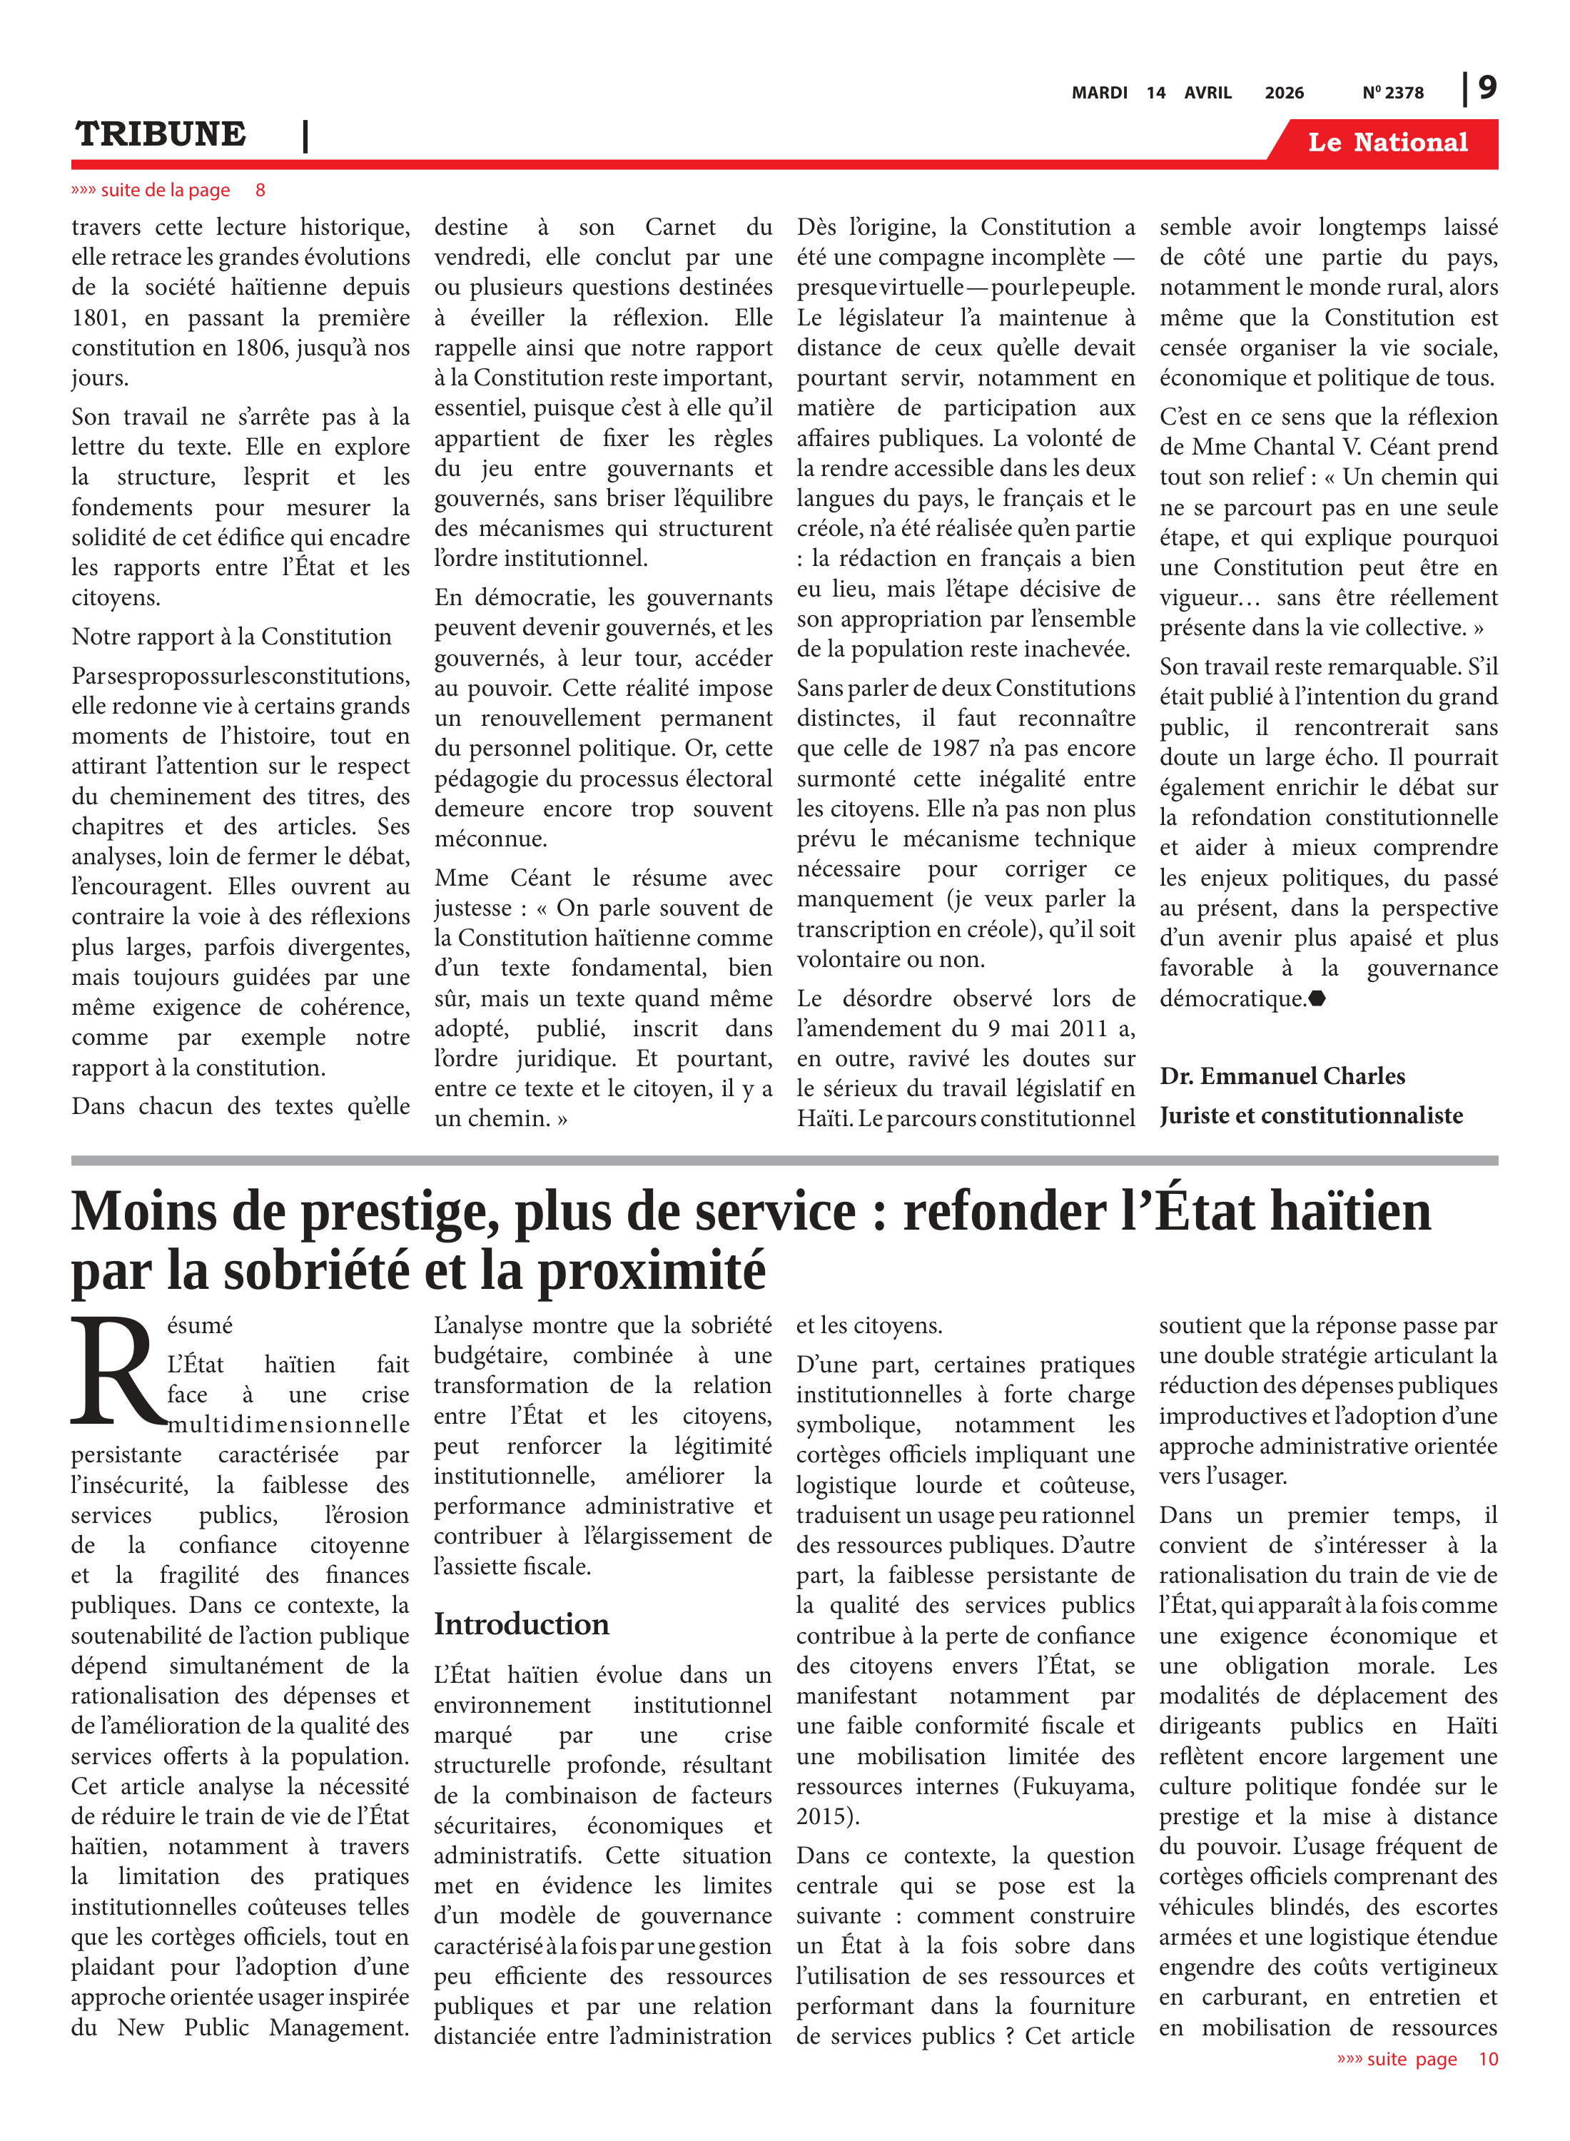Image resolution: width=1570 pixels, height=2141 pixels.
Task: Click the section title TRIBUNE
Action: pyautogui.click(x=161, y=134)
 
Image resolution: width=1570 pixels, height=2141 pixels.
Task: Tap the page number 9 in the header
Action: pyautogui.click(x=1487, y=88)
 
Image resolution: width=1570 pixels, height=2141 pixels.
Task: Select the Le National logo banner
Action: pyautogui.click(x=1387, y=143)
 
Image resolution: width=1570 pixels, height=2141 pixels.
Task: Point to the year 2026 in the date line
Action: pyautogui.click(x=1284, y=93)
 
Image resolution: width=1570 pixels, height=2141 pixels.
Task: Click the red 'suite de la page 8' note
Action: pyautogui.click(x=167, y=190)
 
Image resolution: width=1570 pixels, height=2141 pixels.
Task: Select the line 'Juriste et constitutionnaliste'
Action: pyautogui.click(x=1310, y=1115)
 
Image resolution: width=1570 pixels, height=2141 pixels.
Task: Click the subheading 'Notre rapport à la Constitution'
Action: pyautogui.click(x=231, y=637)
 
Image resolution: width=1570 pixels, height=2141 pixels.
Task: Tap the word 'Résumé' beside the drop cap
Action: pyautogui.click(x=200, y=1326)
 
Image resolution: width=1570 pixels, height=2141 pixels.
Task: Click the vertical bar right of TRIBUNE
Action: pyautogui.click(x=305, y=136)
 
